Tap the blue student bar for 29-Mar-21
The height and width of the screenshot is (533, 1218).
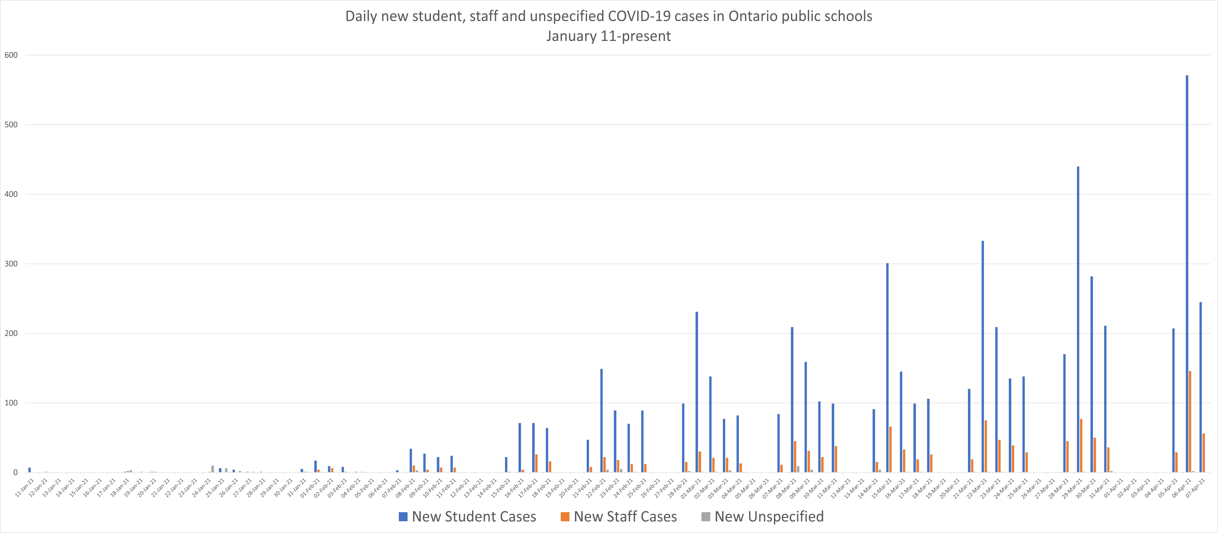tap(1078, 319)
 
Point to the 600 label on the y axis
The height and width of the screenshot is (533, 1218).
tap(11, 55)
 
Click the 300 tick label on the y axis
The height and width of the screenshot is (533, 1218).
tap(11, 264)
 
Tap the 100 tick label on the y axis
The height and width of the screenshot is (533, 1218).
tap(11, 403)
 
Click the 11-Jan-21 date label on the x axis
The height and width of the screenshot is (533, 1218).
tap(25, 487)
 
